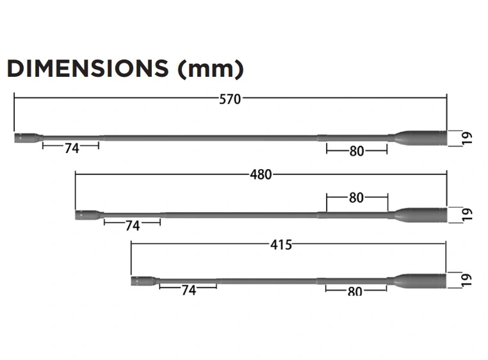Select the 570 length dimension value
pyautogui.click(x=230, y=99)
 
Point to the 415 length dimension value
pyautogui.click(x=281, y=245)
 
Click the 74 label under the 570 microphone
pyautogui.click(x=72, y=148)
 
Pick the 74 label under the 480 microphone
pyautogui.click(x=133, y=225)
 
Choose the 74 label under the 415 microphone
pyautogui.click(x=188, y=290)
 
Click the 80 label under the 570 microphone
pyautogui.click(x=357, y=152)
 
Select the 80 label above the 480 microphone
pyautogui.click(x=357, y=198)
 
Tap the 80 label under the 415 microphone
pyautogui.click(x=355, y=291)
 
